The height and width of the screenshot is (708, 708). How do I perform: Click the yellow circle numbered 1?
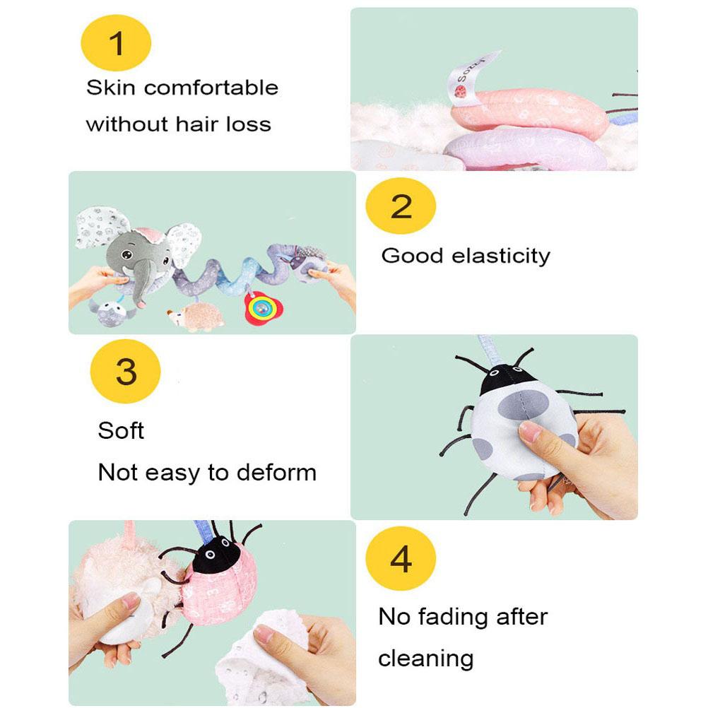pyautogui.click(x=116, y=43)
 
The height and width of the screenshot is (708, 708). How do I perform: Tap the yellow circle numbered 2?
pyautogui.click(x=401, y=206)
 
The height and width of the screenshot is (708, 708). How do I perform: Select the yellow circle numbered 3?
pyautogui.click(x=126, y=371)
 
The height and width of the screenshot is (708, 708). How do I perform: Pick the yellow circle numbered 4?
pyautogui.click(x=401, y=558)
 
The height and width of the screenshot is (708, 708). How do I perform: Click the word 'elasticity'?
pyautogui.click(x=501, y=256)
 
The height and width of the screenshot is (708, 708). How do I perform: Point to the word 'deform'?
pyautogui.click(x=276, y=473)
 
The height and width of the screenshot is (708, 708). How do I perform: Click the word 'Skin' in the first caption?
pyautogui.click(x=111, y=87)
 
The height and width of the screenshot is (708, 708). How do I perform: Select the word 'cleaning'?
pyautogui.click(x=426, y=659)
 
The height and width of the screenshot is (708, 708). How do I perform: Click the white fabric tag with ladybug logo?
pyautogui.click(x=470, y=78)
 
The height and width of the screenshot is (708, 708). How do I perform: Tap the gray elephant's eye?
pyautogui.click(x=126, y=256)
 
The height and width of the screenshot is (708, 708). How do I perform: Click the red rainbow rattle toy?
pyautogui.click(x=263, y=308)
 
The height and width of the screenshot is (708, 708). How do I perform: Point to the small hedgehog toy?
pyautogui.click(x=197, y=316)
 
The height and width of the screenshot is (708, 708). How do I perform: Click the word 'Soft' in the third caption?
pyautogui.click(x=121, y=430)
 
